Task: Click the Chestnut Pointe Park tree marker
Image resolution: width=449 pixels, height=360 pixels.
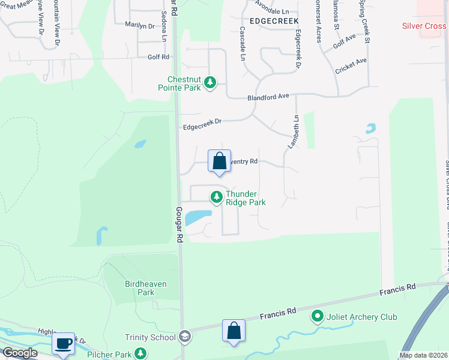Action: [210, 82]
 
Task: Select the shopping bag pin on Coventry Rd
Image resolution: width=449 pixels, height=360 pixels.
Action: [219, 161]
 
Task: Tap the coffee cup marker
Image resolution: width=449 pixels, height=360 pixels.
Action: [63, 343]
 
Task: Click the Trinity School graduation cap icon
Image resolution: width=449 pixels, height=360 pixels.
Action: [184, 337]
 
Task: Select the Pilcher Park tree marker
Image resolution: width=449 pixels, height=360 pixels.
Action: [141, 353]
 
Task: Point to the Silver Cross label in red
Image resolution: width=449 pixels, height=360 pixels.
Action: [424, 26]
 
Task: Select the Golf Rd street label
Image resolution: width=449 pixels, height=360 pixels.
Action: [158, 57]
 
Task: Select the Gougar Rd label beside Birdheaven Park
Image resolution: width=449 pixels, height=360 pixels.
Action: [179, 225]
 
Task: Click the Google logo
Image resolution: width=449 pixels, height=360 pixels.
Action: [19, 353]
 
